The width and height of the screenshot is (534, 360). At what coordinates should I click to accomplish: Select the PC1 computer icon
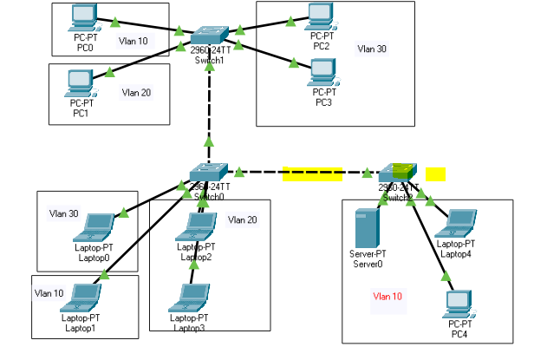point(80,82)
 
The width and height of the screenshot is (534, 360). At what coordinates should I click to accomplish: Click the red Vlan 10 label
point(387,296)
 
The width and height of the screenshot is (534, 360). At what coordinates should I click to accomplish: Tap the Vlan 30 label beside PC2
point(372,49)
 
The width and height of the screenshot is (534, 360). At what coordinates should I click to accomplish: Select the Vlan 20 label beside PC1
point(136,91)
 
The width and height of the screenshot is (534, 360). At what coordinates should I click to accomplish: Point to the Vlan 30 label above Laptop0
point(63,213)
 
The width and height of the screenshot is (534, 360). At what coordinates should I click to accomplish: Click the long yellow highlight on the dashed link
point(312,174)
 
